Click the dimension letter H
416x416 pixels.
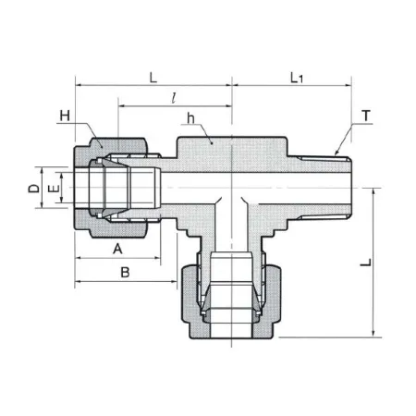[x=65, y=116]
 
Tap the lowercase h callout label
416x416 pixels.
[x=191, y=118]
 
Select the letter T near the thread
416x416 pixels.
[x=366, y=116]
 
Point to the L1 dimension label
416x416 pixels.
[x=297, y=78]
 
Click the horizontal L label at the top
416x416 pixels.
[x=153, y=78]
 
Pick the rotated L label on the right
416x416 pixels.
[x=366, y=263]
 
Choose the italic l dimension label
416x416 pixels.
[x=174, y=98]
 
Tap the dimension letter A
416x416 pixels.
[x=117, y=249]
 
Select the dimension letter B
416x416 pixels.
[x=125, y=273]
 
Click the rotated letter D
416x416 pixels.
[x=34, y=189]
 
